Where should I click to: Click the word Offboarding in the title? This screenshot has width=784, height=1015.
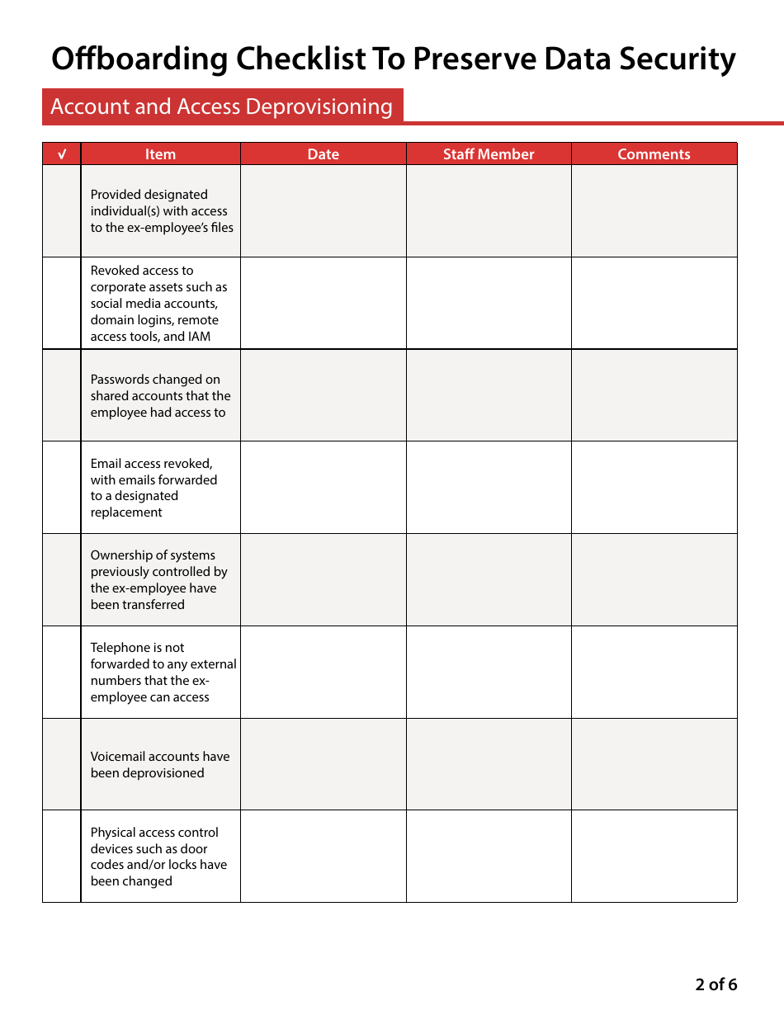139,59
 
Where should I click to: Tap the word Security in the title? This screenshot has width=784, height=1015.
672,59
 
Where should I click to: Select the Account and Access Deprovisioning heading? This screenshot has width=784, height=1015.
221,106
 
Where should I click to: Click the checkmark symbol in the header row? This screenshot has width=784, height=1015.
62,154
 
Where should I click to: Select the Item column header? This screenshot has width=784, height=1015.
160,154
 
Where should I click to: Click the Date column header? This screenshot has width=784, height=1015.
323,154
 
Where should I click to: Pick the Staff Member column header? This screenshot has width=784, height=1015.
489,154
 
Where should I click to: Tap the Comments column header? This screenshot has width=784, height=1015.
654,154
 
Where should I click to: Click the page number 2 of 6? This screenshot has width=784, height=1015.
716,984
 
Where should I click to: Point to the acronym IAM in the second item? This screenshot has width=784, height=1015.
199,337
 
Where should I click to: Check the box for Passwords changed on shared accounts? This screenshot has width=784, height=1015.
62,395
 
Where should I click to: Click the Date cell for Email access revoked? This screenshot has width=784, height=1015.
323,488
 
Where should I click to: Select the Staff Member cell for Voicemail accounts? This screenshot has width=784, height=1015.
489,764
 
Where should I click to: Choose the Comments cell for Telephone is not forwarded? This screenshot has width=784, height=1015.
654,672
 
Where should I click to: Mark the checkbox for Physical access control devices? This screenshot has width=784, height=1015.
62,856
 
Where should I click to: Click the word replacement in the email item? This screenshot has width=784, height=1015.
126,512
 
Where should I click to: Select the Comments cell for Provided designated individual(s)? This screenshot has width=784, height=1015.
654,210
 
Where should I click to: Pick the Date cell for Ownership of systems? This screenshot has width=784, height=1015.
323,579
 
